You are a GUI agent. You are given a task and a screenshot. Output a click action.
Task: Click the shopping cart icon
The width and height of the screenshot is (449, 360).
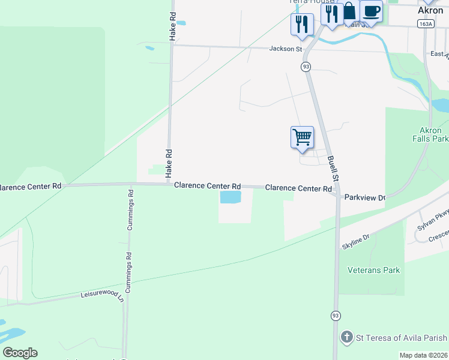tap(302, 136)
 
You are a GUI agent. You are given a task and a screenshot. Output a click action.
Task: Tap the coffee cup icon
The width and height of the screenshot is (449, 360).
tap(371, 11)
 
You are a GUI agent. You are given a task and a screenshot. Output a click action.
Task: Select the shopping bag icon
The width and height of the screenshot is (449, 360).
tap(349, 12)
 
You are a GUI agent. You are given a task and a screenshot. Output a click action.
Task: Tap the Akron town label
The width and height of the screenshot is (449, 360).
tap(430, 10)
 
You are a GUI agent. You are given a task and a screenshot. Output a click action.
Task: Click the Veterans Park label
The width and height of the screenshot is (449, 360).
tap(373, 271)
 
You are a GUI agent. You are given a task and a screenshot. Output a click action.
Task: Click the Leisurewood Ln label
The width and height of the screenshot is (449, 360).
tap(102, 295)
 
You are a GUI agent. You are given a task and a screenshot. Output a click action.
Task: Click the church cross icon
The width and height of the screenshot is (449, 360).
tap(346, 337)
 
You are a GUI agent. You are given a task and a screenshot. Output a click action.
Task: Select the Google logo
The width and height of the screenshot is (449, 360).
tap(20, 353)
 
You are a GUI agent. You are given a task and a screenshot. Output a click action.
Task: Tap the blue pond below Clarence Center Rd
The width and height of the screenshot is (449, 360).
tap(231, 197)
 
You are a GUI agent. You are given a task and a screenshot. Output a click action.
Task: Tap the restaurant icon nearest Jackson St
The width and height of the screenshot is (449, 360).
tap(301, 25)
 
